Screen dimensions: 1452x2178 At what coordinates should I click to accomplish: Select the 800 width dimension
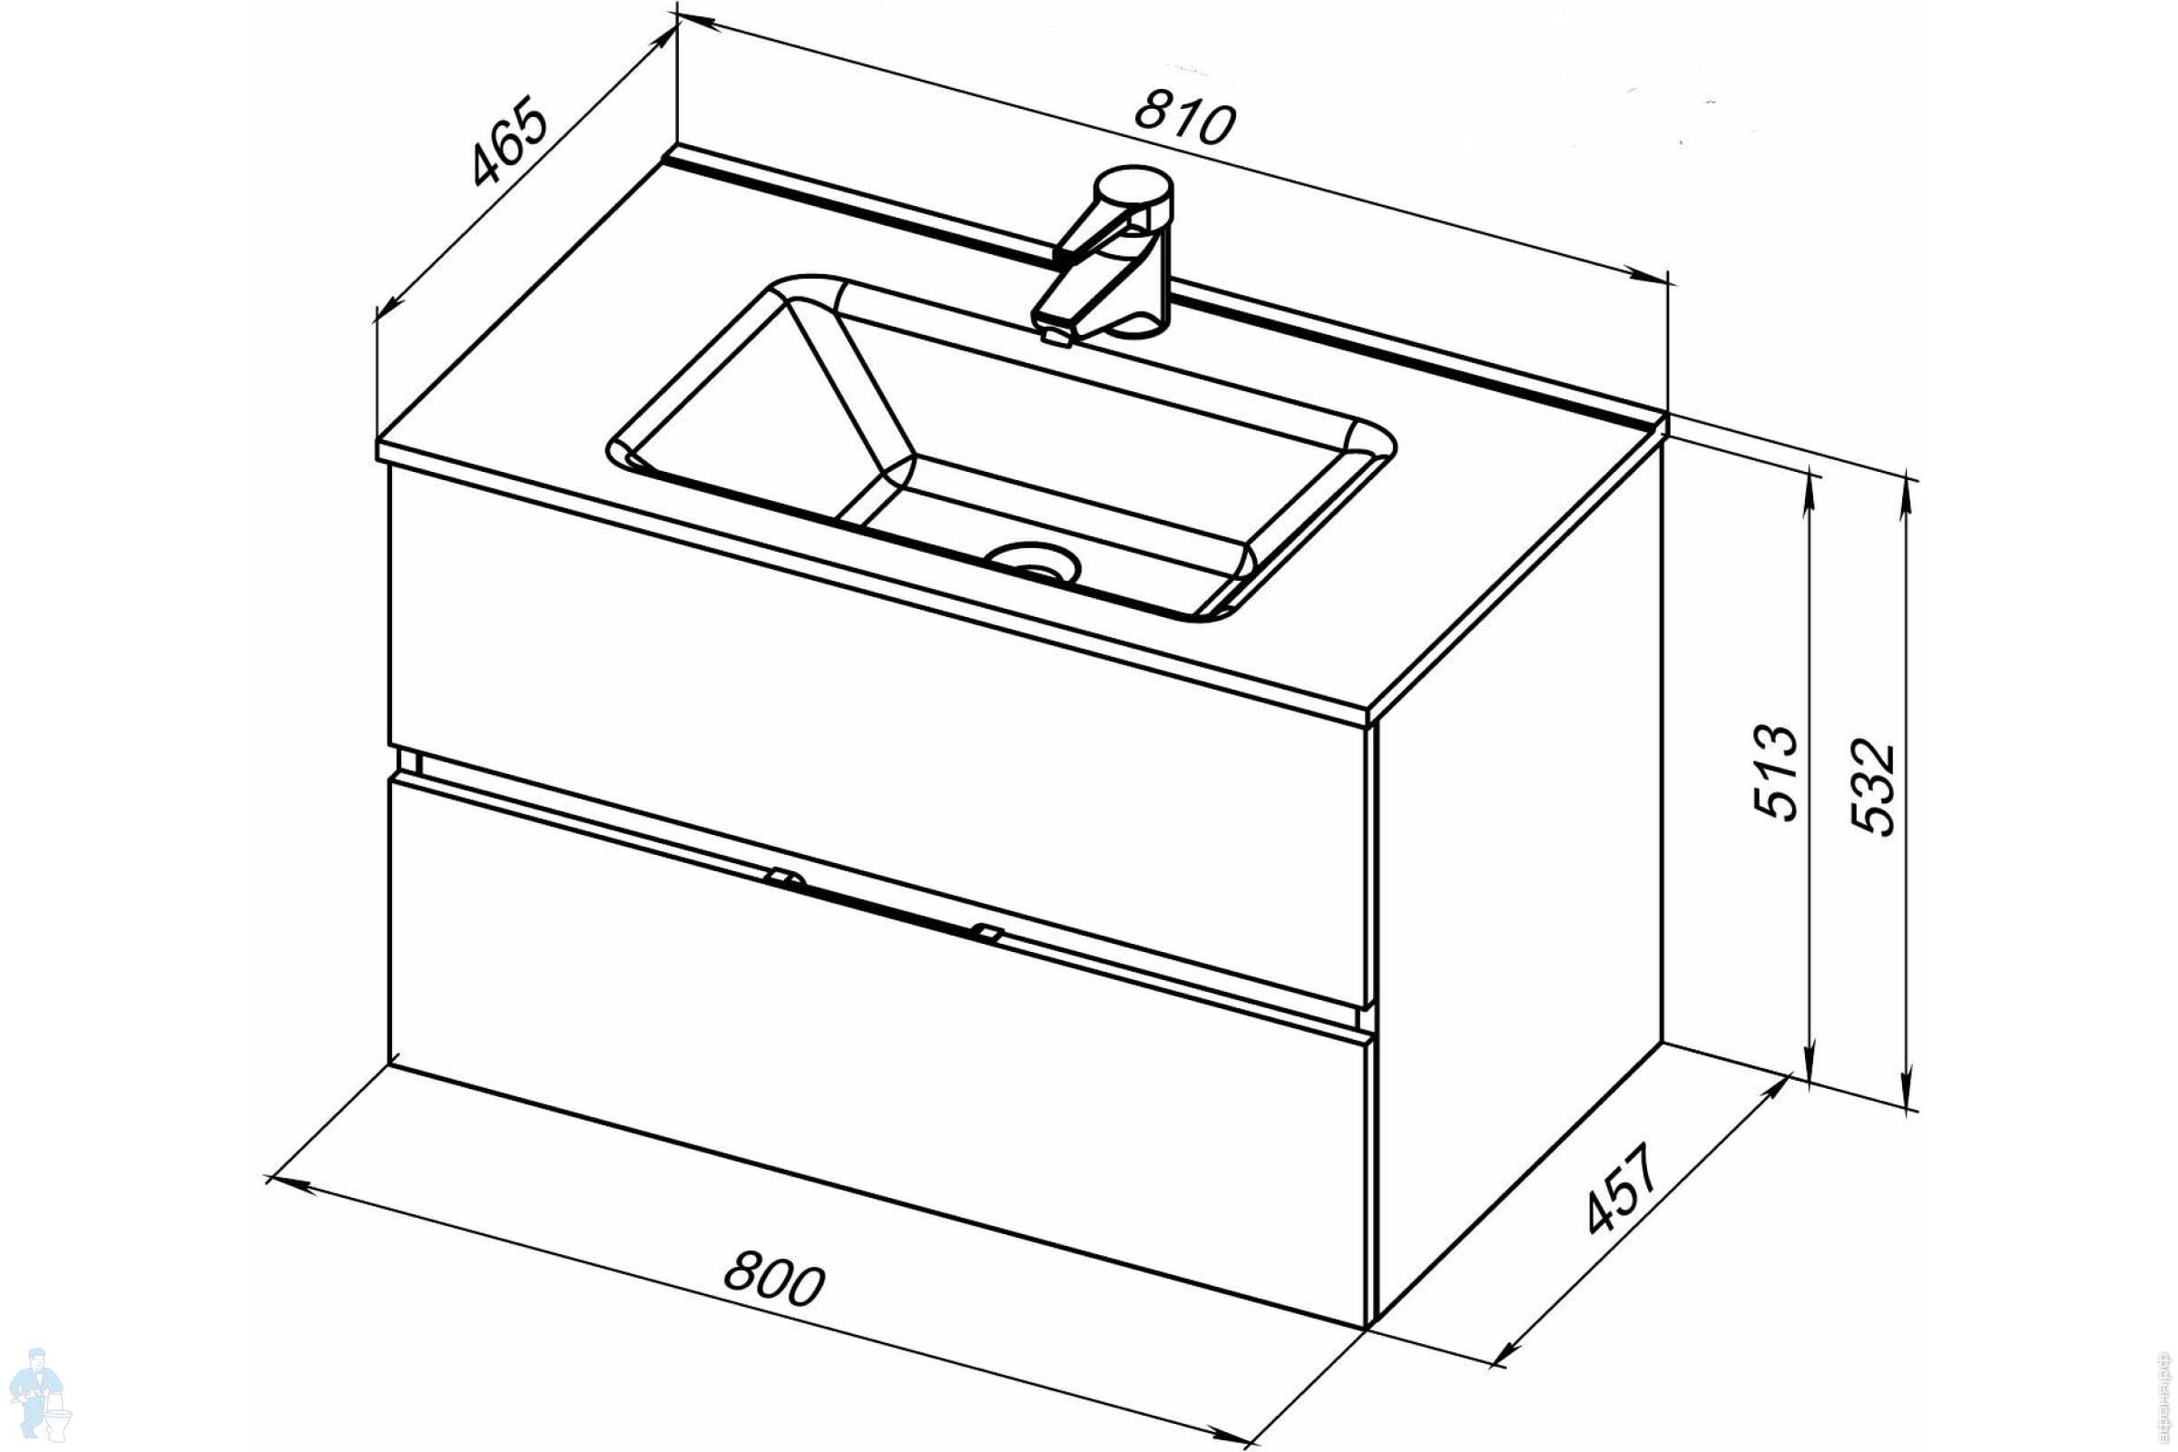(773, 1279)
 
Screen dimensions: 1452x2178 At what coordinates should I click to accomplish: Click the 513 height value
(1776, 773)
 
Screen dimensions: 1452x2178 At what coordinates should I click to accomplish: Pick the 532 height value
(1872, 787)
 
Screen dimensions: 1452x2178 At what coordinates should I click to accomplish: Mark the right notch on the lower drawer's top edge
(987, 932)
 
